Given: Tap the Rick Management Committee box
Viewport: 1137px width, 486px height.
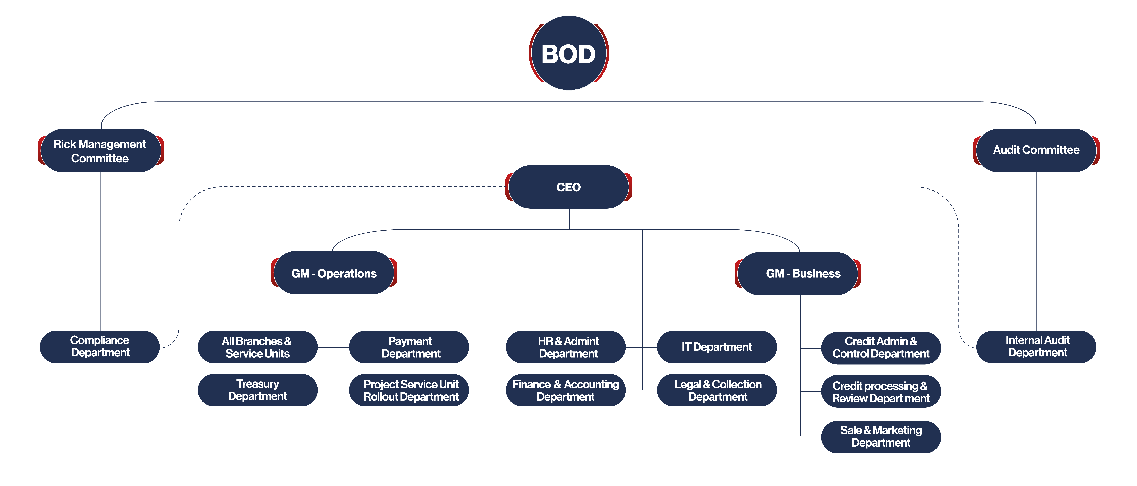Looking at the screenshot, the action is (101, 150).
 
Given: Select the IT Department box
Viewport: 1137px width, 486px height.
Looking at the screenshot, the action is (717, 347).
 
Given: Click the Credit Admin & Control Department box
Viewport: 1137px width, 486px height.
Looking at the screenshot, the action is (881, 348).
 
